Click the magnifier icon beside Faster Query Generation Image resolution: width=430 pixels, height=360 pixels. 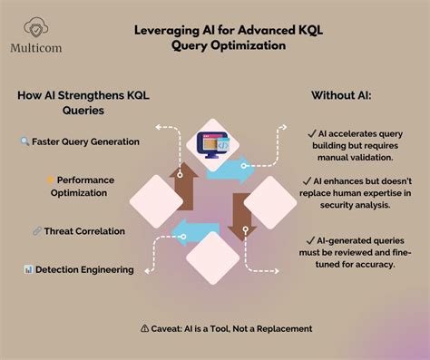coord(24,141)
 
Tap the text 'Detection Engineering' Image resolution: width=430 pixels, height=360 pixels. coord(85,269)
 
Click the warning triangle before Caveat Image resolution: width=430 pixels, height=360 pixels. coord(145,327)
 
